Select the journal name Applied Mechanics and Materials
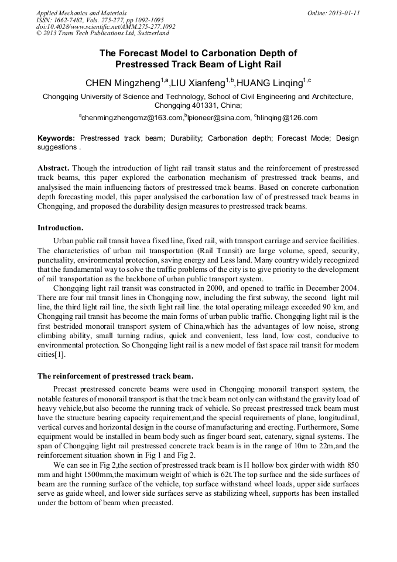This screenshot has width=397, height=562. tap(81, 12)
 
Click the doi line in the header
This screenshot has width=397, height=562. tap(105, 26)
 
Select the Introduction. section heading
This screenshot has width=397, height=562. tap(60, 227)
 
